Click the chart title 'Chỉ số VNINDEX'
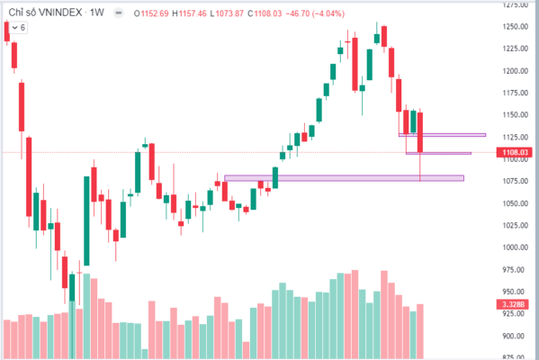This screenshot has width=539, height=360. (45, 13)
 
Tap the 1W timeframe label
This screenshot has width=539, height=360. (96, 13)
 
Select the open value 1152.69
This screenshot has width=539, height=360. (155, 13)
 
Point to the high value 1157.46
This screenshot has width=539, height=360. (193, 13)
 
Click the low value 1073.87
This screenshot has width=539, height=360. (229, 13)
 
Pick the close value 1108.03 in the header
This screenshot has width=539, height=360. (268, 13)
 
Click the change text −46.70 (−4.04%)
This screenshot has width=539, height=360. (315, 13)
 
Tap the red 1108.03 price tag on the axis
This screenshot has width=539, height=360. (514, 152)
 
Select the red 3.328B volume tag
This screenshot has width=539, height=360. (513, 304)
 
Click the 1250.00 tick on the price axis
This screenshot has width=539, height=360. (515, 27)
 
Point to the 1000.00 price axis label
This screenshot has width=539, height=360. (515, 247)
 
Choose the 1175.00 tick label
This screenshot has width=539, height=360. (515, 93)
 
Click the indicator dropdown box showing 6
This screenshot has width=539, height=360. (19, 28)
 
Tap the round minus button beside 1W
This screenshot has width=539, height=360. (119, 13)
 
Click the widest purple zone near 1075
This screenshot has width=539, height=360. (344, 178)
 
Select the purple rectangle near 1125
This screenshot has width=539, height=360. (442, 135)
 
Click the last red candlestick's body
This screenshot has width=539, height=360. (420, 132)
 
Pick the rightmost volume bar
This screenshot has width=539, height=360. (420, 331)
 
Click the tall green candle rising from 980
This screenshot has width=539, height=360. (86, 220)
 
